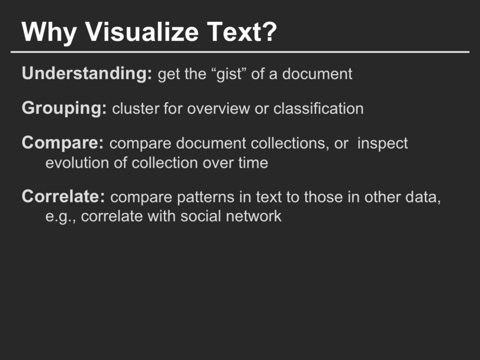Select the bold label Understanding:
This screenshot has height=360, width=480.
click(87, 74)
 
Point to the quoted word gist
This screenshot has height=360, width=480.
click(230, 75)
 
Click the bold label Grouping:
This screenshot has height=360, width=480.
click(64, 109)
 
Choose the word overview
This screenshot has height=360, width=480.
click(218, 109)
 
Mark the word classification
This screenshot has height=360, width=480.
click(318, 108)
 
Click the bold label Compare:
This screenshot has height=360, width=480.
click(62, 143)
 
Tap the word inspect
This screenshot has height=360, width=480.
click(382, 144)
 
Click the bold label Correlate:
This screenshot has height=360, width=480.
click(63, 197)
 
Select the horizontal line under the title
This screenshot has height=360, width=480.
click(240, 52)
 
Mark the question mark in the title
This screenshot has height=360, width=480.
click(270, 32)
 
